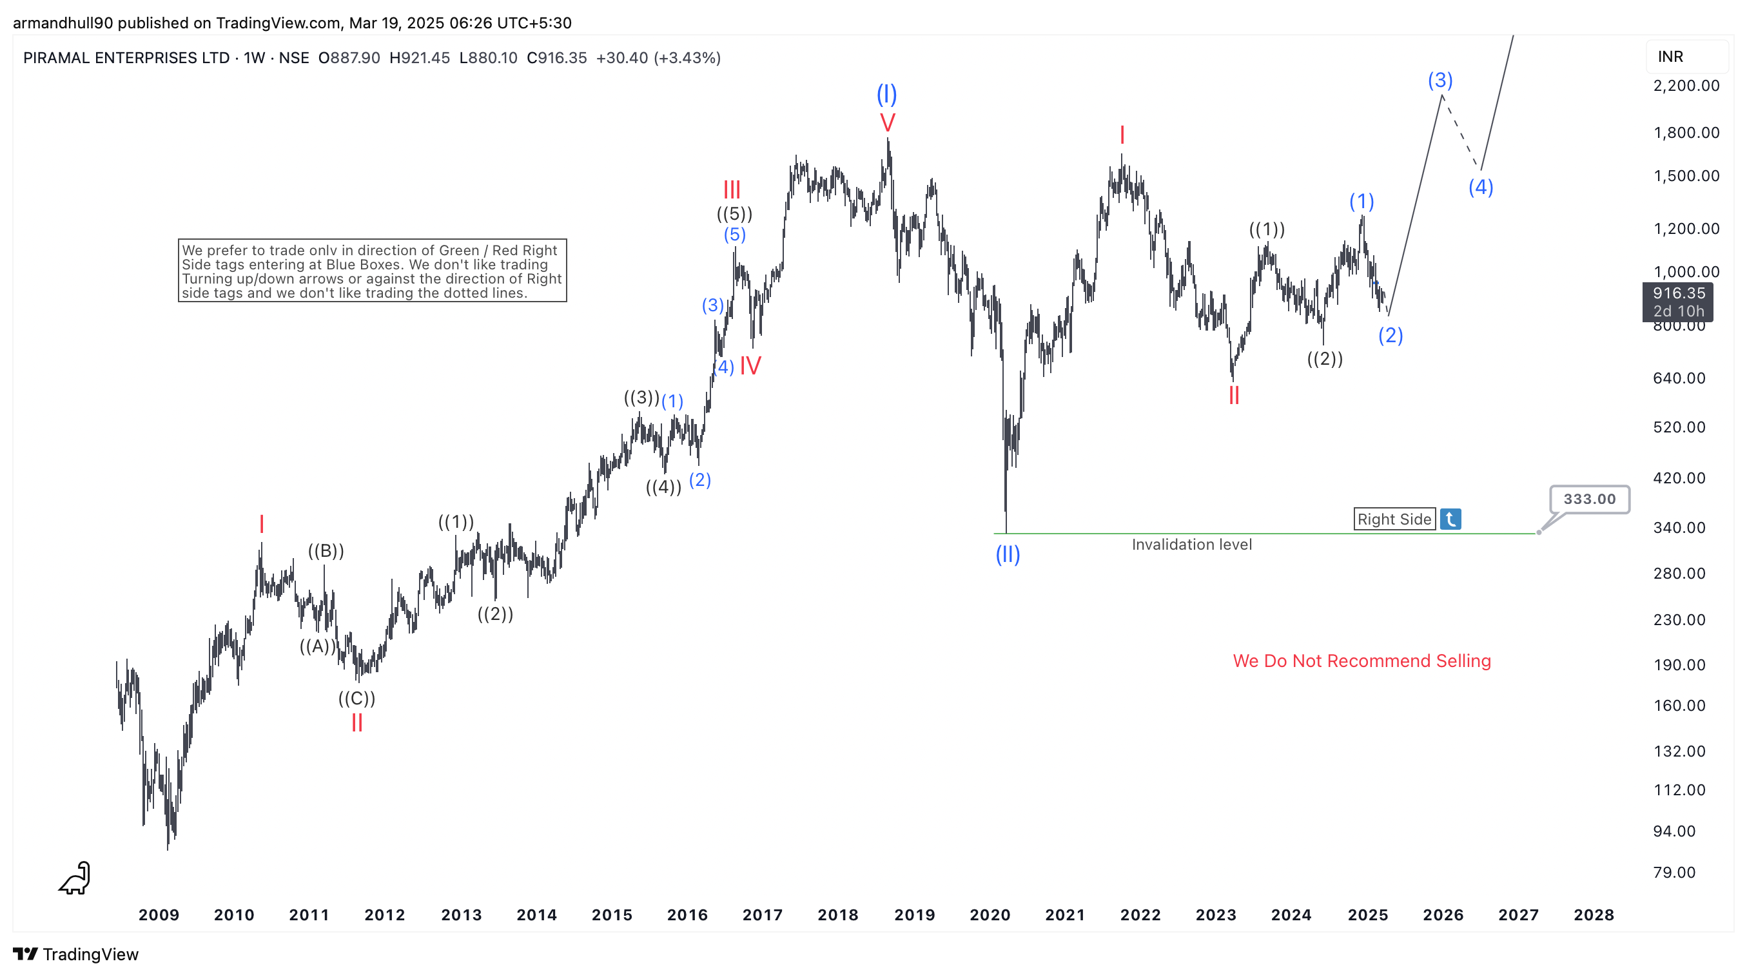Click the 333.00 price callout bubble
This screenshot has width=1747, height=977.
click(1588, 499)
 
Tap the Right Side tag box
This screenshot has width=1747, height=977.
click(1394, 519)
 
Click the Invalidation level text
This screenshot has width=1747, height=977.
click(1191, 545)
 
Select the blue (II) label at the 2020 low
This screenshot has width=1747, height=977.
click(1007, 555)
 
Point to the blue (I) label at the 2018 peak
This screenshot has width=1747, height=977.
click(886, 93)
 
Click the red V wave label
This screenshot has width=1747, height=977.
click(887, 122)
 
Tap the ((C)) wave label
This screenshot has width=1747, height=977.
click(356, 698)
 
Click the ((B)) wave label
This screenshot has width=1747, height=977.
click(326, 550)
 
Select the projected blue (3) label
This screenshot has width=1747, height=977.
click(1440, 80)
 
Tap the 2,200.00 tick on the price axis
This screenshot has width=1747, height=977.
click(1686, 86)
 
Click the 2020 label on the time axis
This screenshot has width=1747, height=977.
click(990, 914)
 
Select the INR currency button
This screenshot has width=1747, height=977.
click(1670, 57)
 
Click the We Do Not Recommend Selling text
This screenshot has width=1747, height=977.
click(1361, 661)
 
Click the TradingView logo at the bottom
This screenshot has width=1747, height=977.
click(75, 954)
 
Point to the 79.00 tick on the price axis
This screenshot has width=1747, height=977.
click(1674, 872)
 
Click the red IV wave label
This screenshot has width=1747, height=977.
click(750, 366)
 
